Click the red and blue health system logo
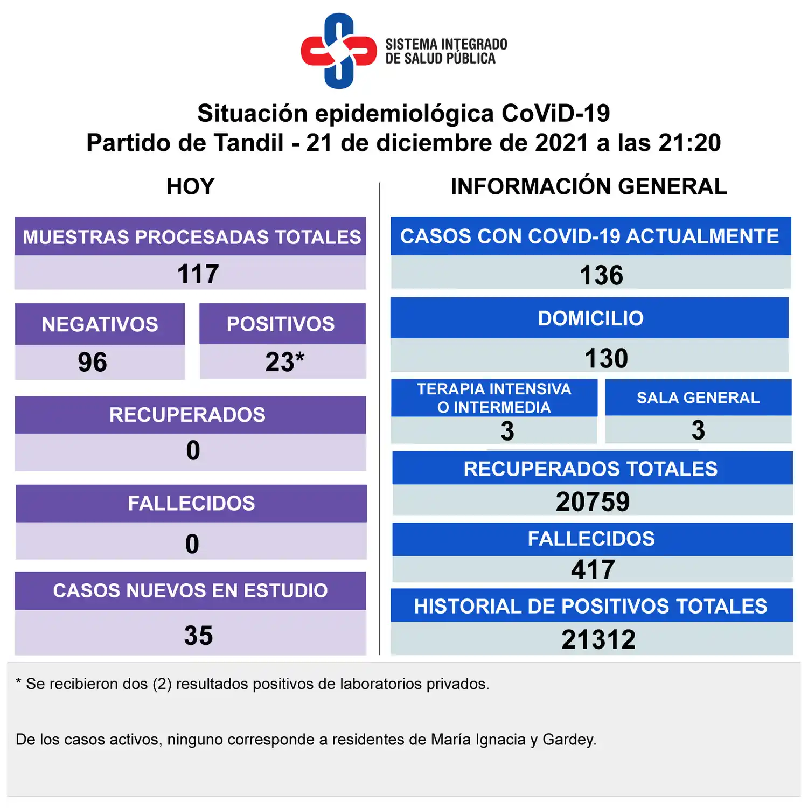(x=338, y=51)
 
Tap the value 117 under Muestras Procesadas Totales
(x=198, y=274)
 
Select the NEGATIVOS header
(x=100, y=324)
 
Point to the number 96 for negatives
(x=92, y=362)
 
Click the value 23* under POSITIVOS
(x=284, y=362)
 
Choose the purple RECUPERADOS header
(x=187, y=415)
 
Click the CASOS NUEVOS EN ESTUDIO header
(x=190, y=590)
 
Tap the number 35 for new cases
(x=198, y=636)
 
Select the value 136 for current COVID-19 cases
(x=601, y=275)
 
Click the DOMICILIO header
(x=590, y=318)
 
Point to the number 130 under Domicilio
(x=606, y=359)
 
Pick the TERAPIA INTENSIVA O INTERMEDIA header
(x=494, y=398)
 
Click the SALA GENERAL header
(x=698, y=398)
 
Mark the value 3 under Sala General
(x=698, y=430)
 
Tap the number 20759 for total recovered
(x=593, y=502)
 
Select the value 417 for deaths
(x=593, y=570)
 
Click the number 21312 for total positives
(x=598, y=640)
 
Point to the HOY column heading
(x=191, y=187)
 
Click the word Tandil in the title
(x=248, y=143)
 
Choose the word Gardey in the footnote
(x=569, y=740)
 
